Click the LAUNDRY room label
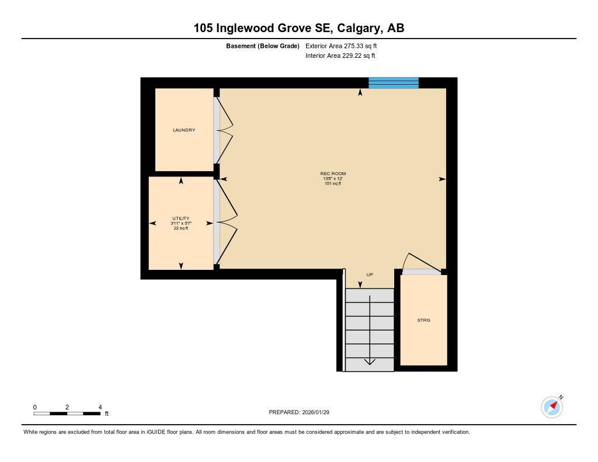[183, 130]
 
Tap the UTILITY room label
[180, 218]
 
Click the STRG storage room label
[423, 320]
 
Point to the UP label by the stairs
[369, 275]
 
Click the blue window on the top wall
[393, 83]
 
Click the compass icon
[552, 407]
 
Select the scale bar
[67, 414]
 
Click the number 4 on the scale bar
[100, 407]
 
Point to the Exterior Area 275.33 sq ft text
[345, 46]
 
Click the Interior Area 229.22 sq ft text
[340, 56]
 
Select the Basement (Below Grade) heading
[262, 46]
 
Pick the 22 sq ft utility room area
[180, 228]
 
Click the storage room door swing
[422, 263]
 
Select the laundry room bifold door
[225, 130]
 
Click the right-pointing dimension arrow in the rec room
[442, 179]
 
